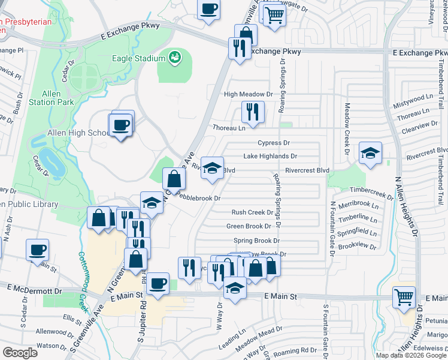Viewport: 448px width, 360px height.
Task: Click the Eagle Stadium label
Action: [138, 58]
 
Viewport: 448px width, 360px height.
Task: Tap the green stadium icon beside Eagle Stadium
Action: [174, 58]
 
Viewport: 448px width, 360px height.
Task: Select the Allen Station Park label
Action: [58, 98]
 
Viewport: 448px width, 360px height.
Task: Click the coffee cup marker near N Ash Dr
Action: [37, 249]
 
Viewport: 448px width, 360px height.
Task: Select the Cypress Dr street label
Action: [273, 143]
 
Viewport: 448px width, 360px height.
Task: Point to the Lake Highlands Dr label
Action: [270, 156]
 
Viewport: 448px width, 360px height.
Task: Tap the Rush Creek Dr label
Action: [252, 212]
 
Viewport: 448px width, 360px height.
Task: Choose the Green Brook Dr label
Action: [249, 226]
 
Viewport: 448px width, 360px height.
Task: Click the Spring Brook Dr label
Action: [256, 240]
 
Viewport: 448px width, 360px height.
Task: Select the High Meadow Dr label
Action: [248, 94]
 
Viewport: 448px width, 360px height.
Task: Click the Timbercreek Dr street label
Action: [373, 191]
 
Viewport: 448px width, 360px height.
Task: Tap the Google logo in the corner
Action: [20, 352]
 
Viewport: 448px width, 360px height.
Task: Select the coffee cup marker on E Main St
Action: [158, 283]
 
